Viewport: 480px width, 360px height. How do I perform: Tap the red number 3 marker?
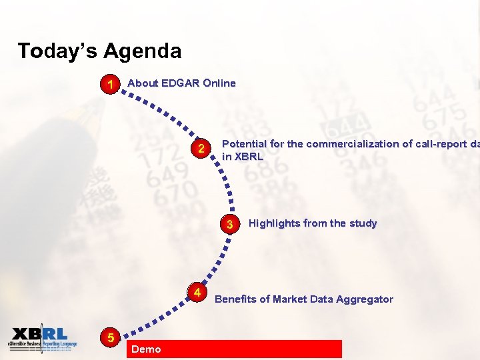point(230,224)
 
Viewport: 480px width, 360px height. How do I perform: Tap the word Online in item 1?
point(219,83)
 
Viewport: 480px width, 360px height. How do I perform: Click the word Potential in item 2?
point(243,144)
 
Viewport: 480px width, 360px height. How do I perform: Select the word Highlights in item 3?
point(275,223)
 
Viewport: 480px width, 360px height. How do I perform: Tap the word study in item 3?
point(363,223)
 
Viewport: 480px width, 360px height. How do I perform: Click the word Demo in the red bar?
point(146,349)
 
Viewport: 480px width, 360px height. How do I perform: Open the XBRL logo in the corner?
point(42,339)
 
